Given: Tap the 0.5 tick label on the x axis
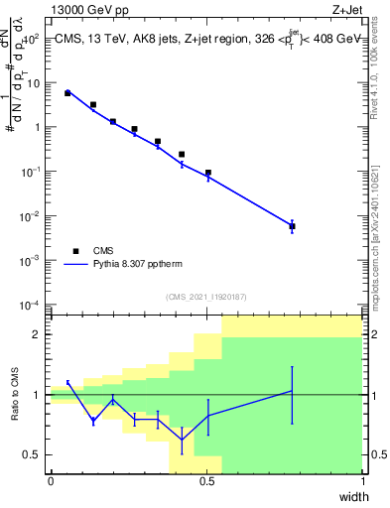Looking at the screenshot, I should point(206,481).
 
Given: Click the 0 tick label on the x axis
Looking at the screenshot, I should point(51,481).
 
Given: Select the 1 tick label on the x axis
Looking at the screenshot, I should point(362,481).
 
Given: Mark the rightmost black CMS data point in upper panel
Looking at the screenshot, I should point(292,226).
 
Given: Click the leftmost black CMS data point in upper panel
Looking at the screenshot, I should point(67,93).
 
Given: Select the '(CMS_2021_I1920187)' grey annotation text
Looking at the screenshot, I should point(206,296).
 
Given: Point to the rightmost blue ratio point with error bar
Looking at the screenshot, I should point(292,391).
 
